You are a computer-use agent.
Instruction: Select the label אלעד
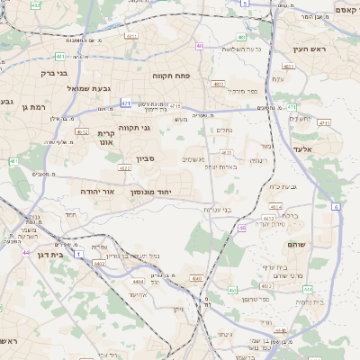301,149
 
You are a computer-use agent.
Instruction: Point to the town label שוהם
298,245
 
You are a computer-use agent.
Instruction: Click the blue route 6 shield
336,207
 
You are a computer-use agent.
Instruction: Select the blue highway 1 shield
79,256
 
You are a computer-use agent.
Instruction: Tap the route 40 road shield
200,46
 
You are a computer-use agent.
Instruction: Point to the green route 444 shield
308,290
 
